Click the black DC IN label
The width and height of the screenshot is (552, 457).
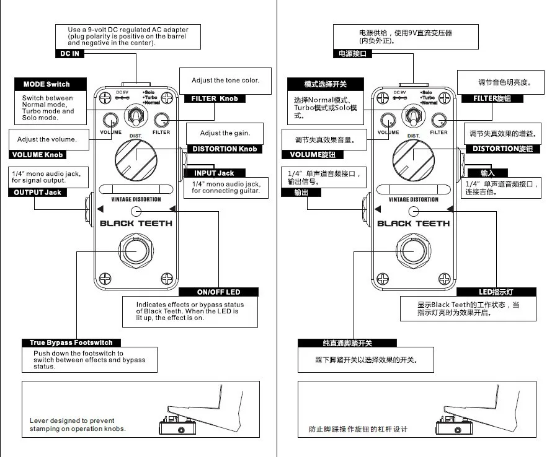[69, 53]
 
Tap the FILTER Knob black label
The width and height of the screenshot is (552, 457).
[215, 98]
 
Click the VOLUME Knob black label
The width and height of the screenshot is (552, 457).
[37, 155]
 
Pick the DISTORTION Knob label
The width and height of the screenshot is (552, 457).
[225, 149]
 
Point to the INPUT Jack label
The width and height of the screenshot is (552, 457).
[214, 173]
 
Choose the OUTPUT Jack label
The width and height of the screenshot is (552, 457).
[37, 193]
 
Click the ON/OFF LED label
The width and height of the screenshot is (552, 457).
[218, 292]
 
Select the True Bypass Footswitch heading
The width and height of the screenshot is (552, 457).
[71, 343]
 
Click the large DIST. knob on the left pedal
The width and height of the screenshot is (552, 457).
[136, 160]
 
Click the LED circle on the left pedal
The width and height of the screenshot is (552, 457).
[136, 211]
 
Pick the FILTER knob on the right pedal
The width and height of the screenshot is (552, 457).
[438, 121]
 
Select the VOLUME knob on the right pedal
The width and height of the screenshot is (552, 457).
[388, 121]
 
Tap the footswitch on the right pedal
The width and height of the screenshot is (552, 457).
[414, 251]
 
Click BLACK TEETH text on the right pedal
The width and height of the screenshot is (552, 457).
[413, 224]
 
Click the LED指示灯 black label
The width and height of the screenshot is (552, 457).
[496, 292]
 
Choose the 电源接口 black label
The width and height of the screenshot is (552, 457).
[352, 53]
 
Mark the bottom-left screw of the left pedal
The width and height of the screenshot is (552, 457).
[105, 279]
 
